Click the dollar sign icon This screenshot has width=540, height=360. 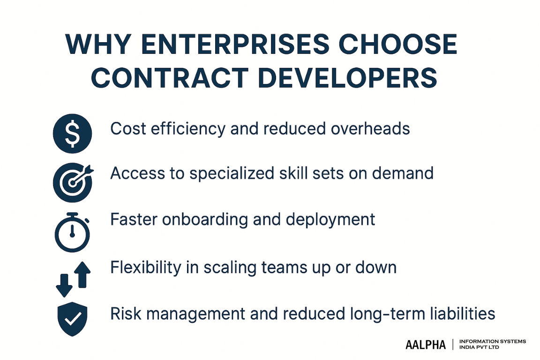coord(73,134)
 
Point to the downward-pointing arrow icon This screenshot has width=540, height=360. coord(63,284)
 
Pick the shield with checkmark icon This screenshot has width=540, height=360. coord(72,320)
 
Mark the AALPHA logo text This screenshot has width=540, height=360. coord(426,345)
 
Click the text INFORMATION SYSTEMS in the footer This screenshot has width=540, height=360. coord(493,341)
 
